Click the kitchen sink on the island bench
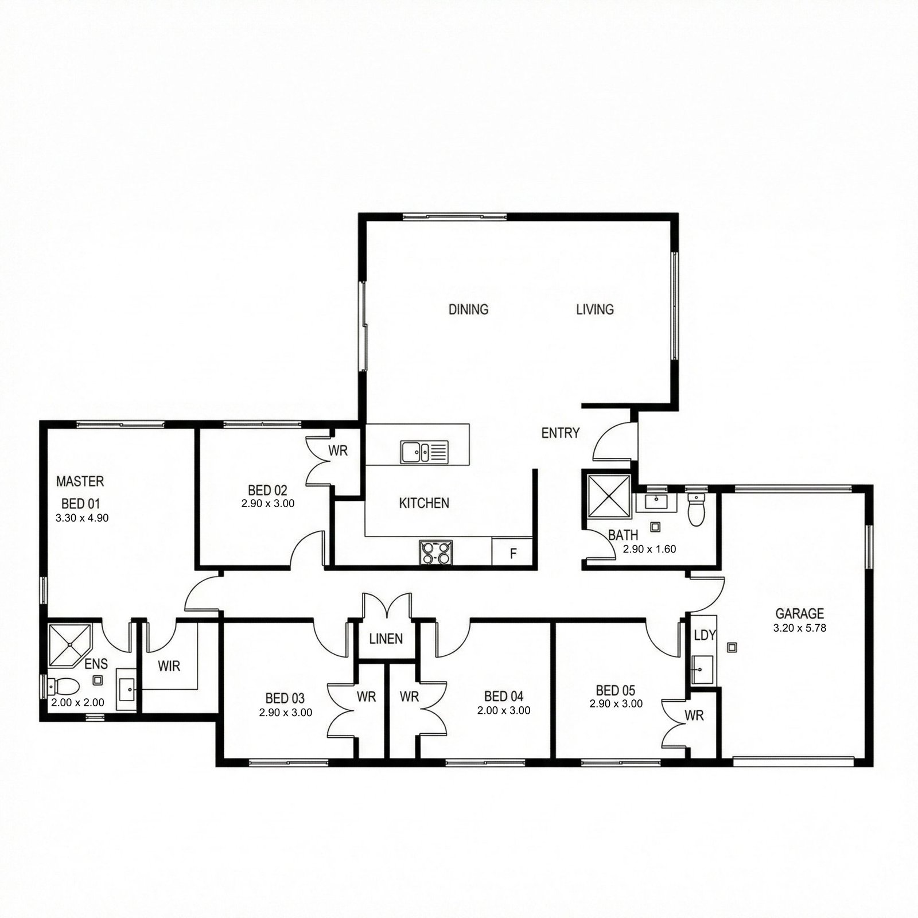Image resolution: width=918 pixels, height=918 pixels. pos(425,452)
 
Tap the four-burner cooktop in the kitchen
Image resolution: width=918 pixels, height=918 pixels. pos(435,552)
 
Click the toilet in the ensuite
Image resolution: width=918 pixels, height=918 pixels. pos(63,686)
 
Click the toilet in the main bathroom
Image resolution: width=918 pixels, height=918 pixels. pos(696,509)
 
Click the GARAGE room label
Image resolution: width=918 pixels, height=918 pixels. pos(799,613)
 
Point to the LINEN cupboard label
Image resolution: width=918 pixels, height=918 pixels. pos(386,638)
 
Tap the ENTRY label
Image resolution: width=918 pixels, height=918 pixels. pos(561,433)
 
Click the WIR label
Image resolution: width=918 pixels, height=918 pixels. pos(169,666)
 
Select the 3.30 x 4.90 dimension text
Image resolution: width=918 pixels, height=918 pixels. pos(82,518)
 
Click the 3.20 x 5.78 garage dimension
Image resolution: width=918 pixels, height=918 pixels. pos(800,628)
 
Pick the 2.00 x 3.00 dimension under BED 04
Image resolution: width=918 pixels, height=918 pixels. pos(504,710)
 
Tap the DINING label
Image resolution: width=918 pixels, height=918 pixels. pos(468,309)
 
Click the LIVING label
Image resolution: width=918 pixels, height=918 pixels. pos(595,309)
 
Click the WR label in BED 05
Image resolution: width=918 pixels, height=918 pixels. pos(694,715)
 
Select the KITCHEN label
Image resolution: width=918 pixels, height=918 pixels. pos(424,503)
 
